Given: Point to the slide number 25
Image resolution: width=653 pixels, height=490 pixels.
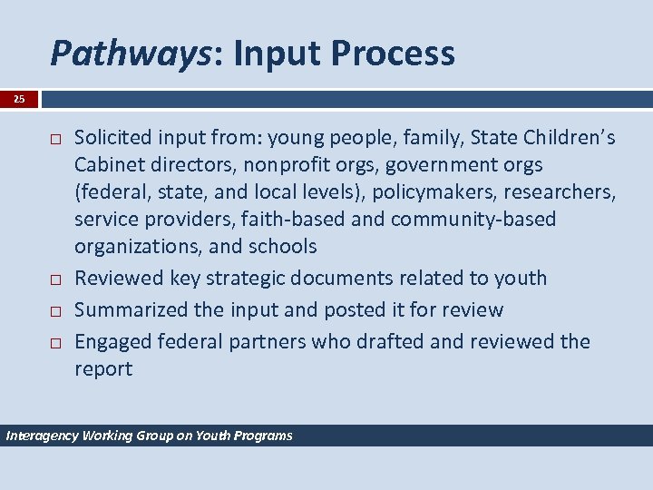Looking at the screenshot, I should click(19, 99).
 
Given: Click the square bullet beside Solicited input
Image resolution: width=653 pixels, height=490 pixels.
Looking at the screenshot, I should click(55, 139).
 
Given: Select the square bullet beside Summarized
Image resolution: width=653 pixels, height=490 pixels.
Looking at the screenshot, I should click(55, 311).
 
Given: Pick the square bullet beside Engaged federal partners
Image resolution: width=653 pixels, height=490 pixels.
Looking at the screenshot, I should click(55, 343).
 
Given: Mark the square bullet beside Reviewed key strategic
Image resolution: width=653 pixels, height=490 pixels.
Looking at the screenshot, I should click(55, 279).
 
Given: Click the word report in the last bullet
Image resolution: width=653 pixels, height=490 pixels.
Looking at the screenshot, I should click(102, 369).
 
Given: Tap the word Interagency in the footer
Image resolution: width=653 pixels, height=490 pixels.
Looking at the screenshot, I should click(42, 436).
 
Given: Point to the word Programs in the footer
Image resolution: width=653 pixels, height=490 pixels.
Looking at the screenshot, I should click(263, 436).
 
